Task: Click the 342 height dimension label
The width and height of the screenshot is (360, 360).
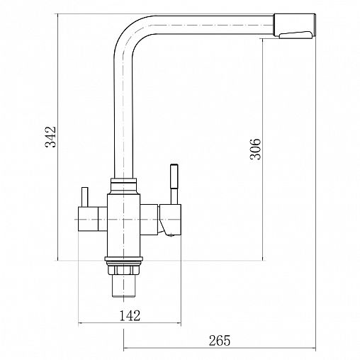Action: coord(50,137)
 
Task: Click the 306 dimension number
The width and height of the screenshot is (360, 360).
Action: coord(255,149)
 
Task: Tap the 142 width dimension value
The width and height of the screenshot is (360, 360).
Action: coord(130,315)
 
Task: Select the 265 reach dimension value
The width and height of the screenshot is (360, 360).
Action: coord(220,340)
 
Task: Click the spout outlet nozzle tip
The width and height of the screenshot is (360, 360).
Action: coord(295,25)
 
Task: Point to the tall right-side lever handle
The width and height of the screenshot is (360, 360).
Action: coord(174,184)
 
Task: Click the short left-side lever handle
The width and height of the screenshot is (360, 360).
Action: coord(84,197)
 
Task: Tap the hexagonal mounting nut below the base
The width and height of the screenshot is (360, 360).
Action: coord(123,269)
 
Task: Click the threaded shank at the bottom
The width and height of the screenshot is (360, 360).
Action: coord(123,286)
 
